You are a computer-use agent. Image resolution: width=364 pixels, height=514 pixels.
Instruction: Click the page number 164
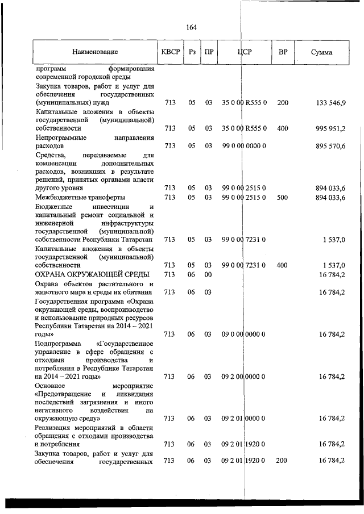pyautogui.click(x=192, y=27)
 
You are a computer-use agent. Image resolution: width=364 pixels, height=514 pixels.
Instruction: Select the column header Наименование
pyautogui.click(x=95, y=52)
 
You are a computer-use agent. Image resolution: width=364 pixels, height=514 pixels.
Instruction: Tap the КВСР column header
pyautogui.click(x=171, y=52)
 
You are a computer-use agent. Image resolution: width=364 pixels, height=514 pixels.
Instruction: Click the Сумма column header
pyautogui.click(x=322, y=52)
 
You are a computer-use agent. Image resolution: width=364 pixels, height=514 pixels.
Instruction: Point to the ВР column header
pyautogui.click(x=283, y=52)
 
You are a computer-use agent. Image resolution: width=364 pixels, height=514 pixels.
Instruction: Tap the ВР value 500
pyautogui.click(x=283, y=197)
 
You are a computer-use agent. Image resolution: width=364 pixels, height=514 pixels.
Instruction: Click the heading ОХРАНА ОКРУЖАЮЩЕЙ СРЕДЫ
pyautogui.click(x=88, y=275)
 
